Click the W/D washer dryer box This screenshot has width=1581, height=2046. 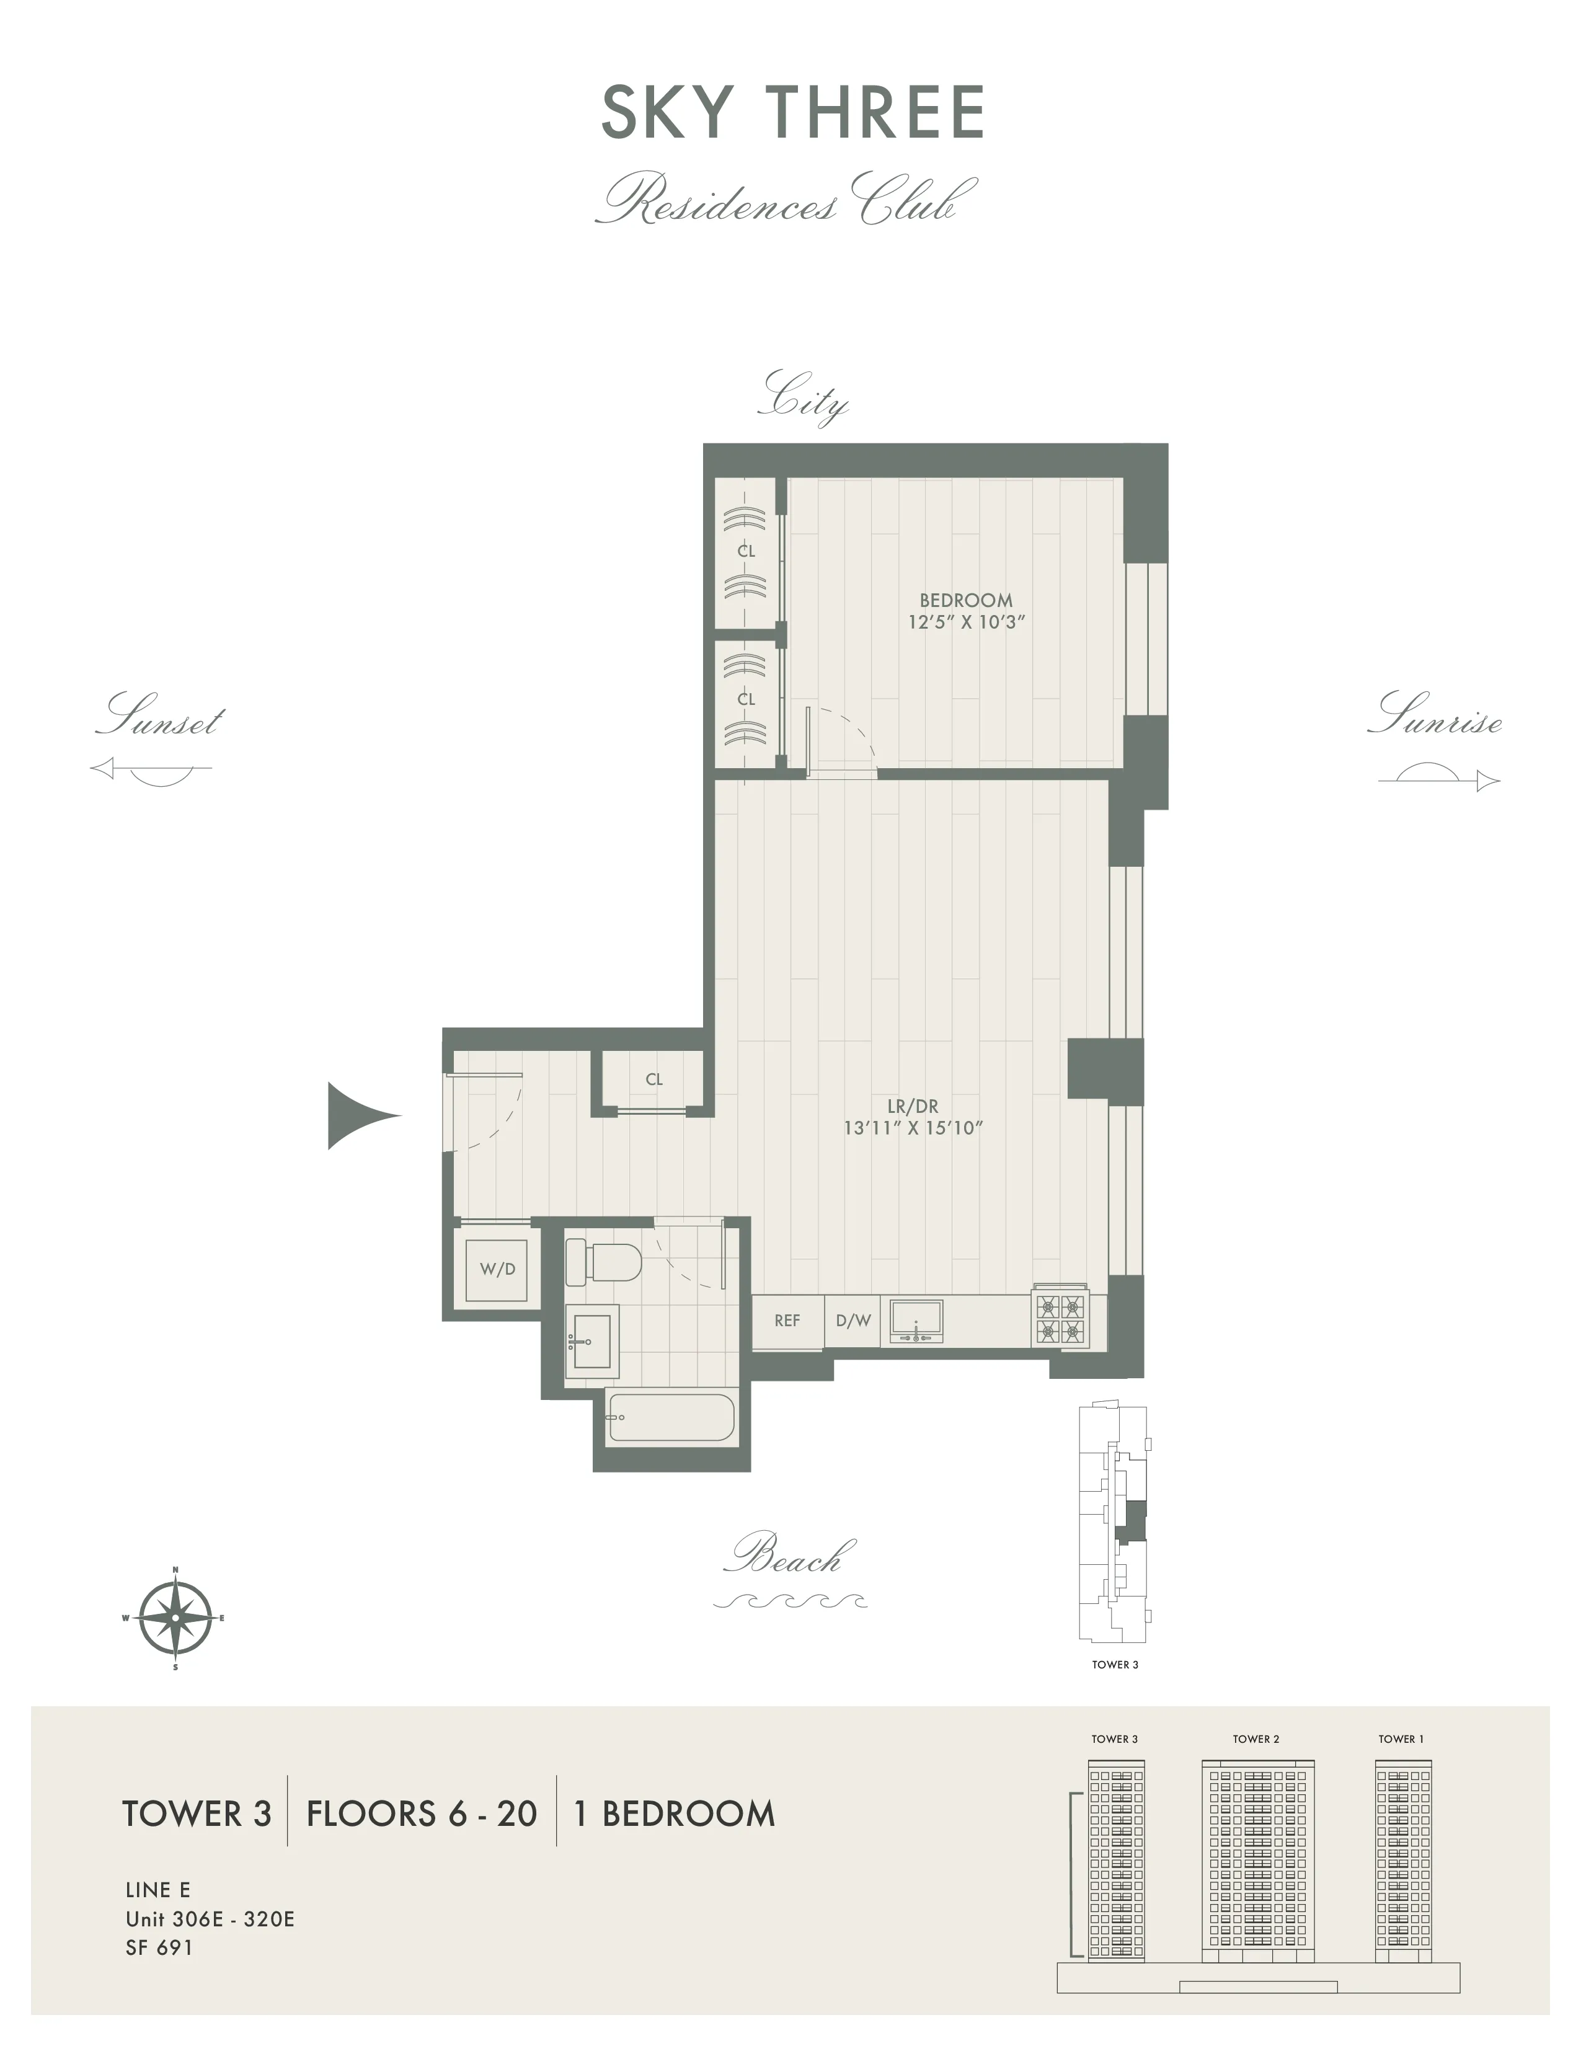pos(497,1269)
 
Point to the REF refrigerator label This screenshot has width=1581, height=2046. pos(787,1321)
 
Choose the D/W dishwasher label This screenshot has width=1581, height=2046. pos(853,1321)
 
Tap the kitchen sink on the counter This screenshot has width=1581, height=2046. pos(916,1321)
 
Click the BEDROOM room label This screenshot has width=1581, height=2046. pos(965,601)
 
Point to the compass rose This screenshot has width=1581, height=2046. pos(175,1618)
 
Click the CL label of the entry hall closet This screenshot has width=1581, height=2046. pos(653,1079)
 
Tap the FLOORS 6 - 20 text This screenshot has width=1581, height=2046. pos(422,1815)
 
